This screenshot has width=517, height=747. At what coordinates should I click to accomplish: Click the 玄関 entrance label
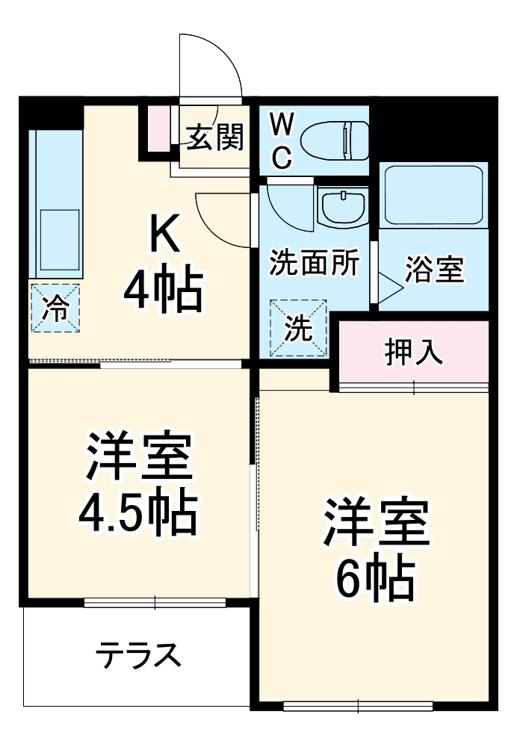coord(215,137)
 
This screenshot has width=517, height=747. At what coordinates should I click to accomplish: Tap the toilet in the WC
coord(335,140)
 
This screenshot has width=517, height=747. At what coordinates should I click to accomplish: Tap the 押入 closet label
coord(414,353)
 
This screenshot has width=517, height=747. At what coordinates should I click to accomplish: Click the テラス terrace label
coord(139,656)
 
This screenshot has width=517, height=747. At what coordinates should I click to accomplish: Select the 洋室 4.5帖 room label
coord(139,484)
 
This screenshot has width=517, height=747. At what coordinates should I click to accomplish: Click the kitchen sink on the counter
coord(59,232)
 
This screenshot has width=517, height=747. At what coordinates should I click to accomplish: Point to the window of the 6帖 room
coord(358,704)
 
